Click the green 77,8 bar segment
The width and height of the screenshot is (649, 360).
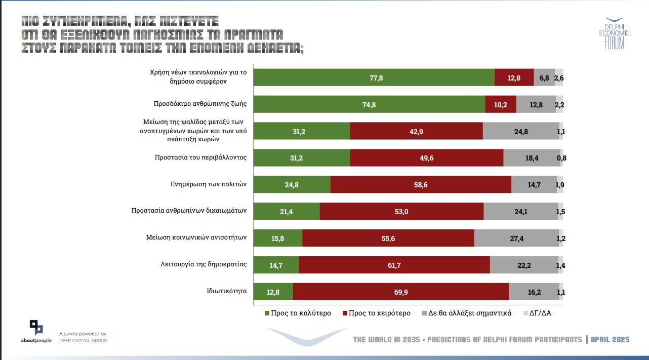coord(374,77)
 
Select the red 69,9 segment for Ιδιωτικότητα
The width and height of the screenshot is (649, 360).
coord(401,292)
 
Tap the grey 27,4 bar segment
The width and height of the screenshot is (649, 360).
coord(516,238)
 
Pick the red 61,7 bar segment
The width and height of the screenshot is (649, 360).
coord(394,265)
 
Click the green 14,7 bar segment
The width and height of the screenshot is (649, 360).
coord(276,265)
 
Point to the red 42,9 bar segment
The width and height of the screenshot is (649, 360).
coord(416,131)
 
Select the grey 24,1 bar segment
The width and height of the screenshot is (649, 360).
coord(520,212)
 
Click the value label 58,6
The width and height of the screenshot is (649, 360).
coord(421,185)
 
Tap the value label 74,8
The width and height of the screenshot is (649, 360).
coord(369,105)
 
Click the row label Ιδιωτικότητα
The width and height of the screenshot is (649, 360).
coord(226,291)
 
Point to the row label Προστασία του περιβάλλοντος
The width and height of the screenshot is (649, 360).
coord(200,157)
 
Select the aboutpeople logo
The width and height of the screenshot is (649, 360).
coord(36,332)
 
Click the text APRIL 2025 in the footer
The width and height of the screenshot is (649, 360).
coord(610,340)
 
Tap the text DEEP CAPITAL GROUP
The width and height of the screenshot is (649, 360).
coord(83,340)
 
